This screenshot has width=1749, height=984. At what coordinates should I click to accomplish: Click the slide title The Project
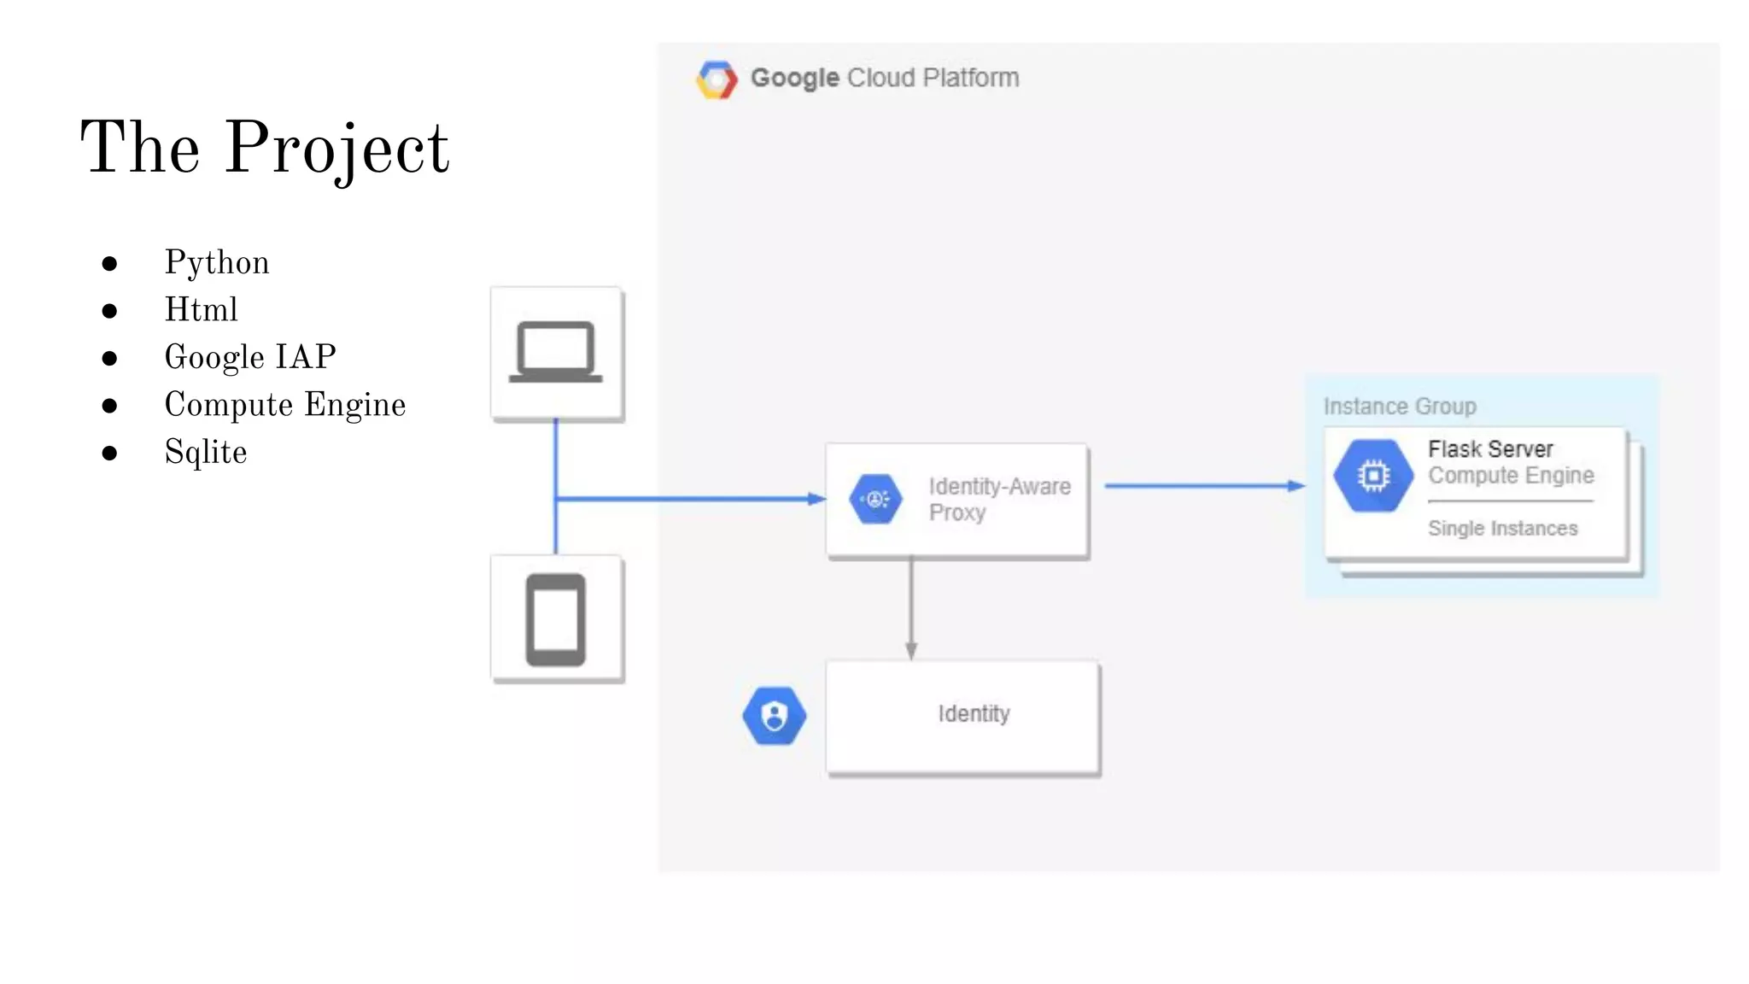(265, 148)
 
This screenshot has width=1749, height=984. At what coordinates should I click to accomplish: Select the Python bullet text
(217, 262)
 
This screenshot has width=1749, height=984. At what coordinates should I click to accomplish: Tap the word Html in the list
(202, 309)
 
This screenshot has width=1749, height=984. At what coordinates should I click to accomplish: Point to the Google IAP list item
(250, 357)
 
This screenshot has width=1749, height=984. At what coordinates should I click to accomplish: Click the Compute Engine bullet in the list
(285, 405)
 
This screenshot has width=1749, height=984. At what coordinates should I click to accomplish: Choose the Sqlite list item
(206, 452)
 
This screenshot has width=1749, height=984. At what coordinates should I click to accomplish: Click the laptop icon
(556, 352)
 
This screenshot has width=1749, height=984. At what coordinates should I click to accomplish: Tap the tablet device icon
(556, 619)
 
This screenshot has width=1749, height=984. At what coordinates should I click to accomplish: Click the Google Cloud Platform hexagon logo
(717, 79)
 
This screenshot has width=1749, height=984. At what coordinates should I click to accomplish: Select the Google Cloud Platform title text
(885, 78)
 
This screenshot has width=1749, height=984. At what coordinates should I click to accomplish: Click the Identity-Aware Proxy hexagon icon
(875, 499)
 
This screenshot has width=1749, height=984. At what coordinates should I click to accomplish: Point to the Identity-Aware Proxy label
(999, 499)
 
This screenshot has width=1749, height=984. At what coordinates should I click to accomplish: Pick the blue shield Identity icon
(774, 716)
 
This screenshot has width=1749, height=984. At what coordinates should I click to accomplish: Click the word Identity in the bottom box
(974, 714)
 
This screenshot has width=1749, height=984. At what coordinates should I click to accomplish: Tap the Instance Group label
(1400, 407)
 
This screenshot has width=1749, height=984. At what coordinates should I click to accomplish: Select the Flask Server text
(1490, 449)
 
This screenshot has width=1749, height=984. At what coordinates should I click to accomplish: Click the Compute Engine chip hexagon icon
(1373, 476)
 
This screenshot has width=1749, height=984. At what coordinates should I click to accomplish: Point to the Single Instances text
(1503, 529)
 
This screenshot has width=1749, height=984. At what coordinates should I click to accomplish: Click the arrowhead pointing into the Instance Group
(1296, 486)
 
